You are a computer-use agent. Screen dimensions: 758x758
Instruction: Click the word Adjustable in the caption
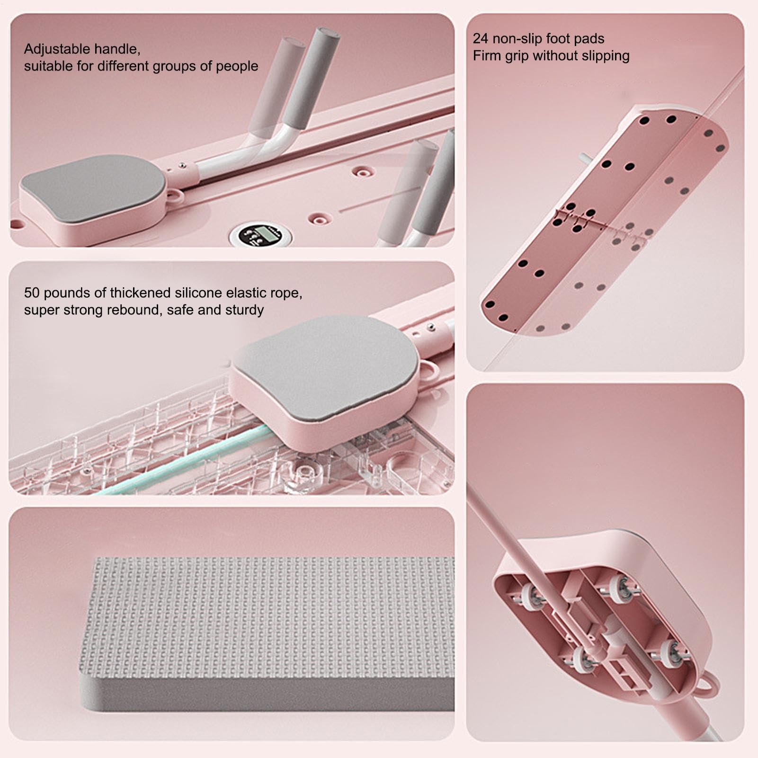[57, 49]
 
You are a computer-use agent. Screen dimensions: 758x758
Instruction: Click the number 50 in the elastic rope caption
[32, 293]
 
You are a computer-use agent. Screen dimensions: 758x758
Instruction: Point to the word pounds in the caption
[67, 293]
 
